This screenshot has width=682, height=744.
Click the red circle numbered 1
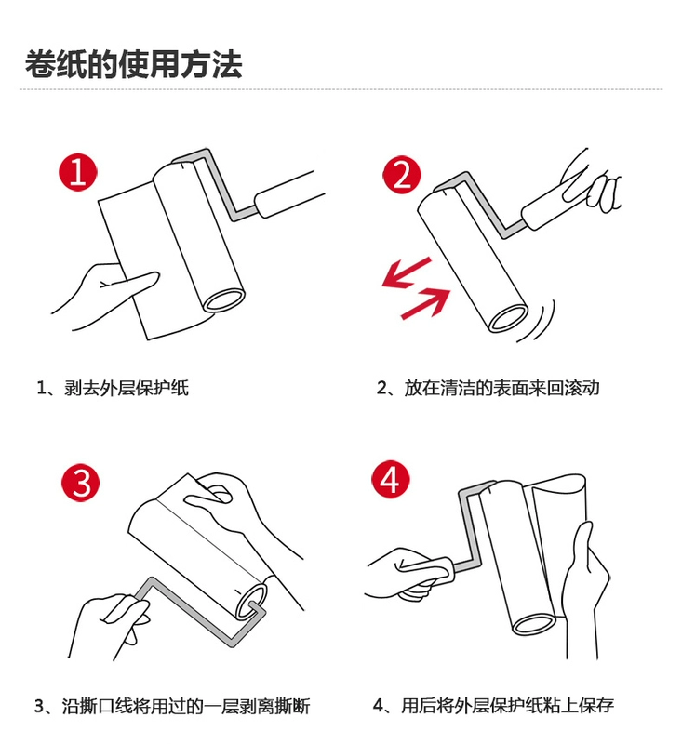click(x=78, y=172)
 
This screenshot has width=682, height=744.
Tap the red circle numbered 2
click(x=402, y=174)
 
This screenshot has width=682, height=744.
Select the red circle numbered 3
click(x=81, y=482)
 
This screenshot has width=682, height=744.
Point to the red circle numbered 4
click(x=390, y=479)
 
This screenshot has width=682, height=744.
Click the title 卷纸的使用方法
click(x=133, y=64)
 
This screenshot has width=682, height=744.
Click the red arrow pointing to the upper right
click(x=426, y=303)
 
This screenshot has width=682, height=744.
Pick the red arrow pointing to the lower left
click(x=407, y=272)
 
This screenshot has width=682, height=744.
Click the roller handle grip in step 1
click(x=289, y=193)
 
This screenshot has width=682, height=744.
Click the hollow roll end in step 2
click(x=508, y=318)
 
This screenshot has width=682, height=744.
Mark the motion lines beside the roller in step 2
click(x=538, y=323)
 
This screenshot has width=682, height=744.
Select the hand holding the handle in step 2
click(x=590, y=180)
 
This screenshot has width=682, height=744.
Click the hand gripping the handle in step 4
click(x=408, y=573)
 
